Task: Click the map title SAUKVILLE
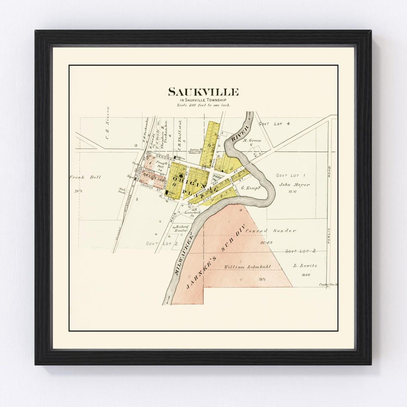point(203,92)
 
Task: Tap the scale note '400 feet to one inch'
point(203,105)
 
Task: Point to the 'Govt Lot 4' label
point(274,124)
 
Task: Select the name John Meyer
point(294,185)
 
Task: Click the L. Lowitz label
point(305,266)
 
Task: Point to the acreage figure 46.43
point(266,243)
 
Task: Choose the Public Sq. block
point(217,177)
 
